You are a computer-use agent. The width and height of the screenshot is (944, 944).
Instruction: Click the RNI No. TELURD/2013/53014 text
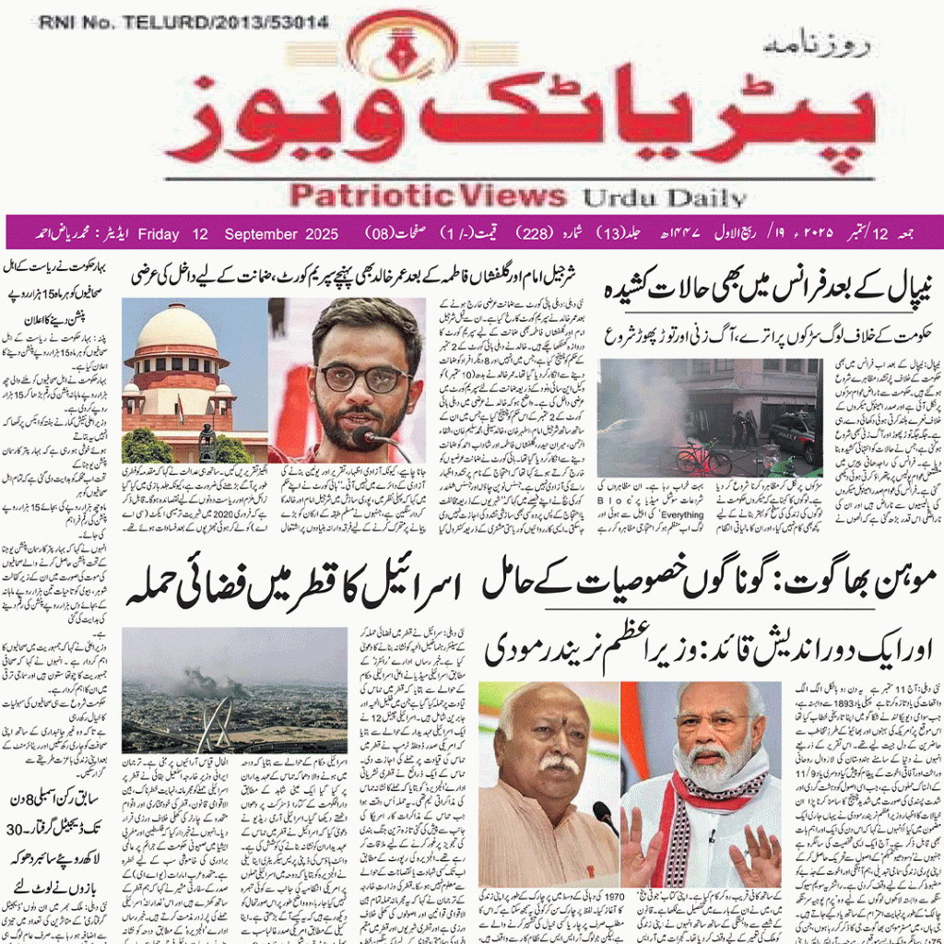183,22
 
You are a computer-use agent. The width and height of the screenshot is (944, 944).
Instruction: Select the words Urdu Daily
662,196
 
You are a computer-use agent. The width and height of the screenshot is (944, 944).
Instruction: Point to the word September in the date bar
254,233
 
